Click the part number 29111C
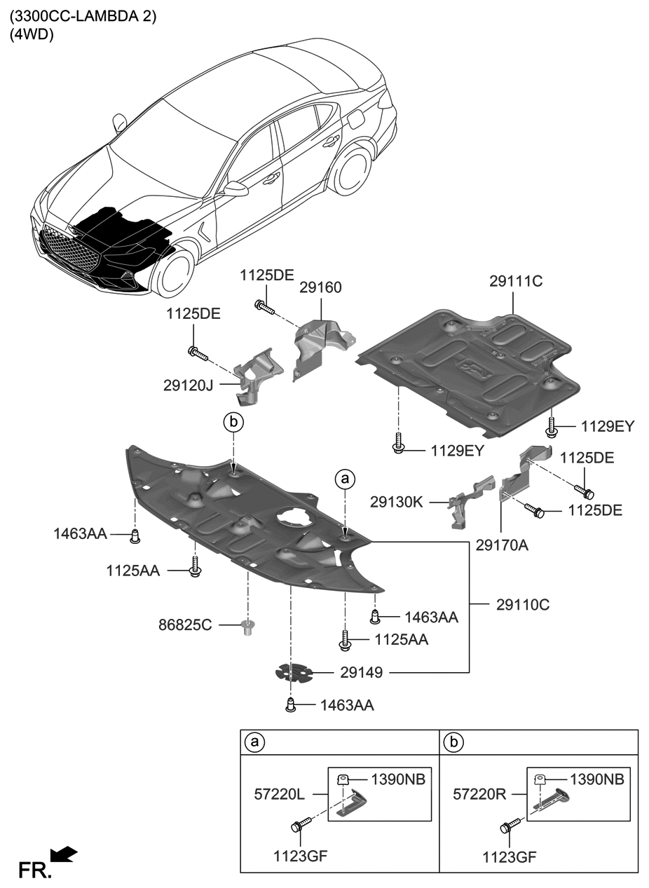516,282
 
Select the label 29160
320,287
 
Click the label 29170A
502,543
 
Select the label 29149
361,673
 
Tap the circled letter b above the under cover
233,422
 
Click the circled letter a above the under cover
344,479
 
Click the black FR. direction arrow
65,854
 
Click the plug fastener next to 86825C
247,626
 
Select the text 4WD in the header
32,34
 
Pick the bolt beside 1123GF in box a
297,826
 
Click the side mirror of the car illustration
235,188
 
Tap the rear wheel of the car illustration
350,168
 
